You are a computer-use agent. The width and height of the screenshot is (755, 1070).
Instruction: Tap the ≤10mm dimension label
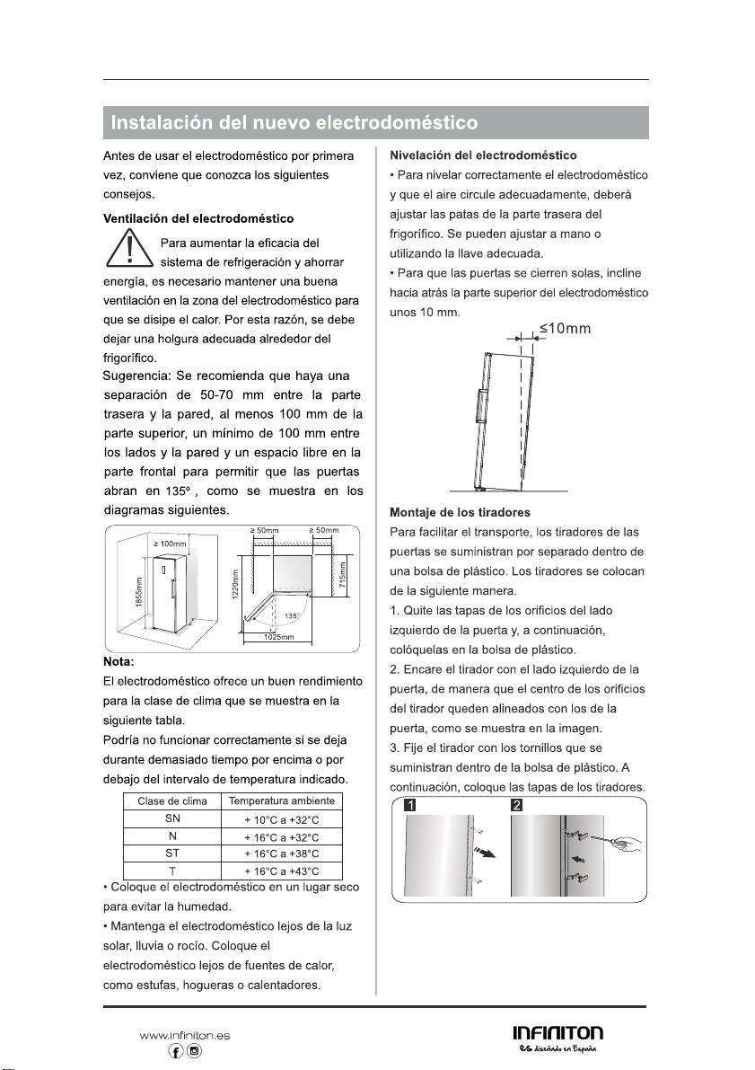(565, 328)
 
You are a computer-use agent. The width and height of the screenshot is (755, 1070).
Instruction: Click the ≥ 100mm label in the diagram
(169, 544)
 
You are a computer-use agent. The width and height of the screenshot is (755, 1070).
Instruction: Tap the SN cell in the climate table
(172, 818)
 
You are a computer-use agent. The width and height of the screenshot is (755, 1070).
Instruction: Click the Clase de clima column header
(172, 800)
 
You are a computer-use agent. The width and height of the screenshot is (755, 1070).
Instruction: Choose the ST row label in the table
(172, 853)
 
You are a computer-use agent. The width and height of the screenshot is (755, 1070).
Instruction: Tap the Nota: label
(119, 662)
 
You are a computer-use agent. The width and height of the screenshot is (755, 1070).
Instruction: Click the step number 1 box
(409, 804)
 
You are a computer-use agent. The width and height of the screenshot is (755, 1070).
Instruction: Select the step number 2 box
(517, 804)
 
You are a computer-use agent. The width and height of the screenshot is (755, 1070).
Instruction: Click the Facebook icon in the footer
(177, 1050)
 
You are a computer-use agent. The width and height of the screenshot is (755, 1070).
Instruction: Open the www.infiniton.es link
(184, 1035)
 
